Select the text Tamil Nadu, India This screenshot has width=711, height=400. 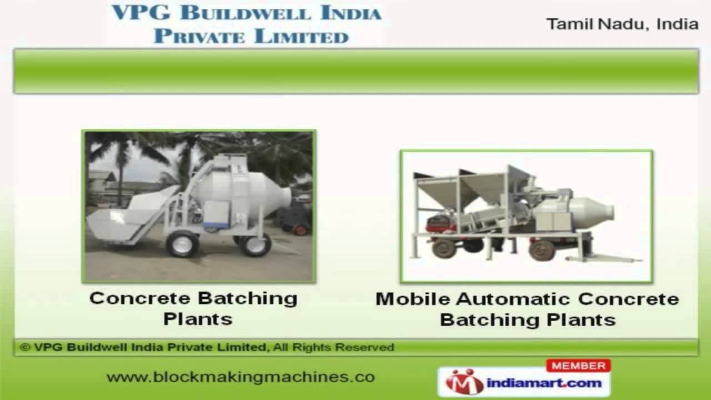[622, 24]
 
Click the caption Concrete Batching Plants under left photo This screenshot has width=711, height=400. [194, 308]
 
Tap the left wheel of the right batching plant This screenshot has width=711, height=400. [444, 248]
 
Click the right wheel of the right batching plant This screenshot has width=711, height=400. [541, 249]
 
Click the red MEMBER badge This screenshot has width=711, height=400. [578, 366]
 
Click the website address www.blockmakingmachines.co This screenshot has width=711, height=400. [241, 377]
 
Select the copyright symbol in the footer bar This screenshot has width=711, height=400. [24, 347]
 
